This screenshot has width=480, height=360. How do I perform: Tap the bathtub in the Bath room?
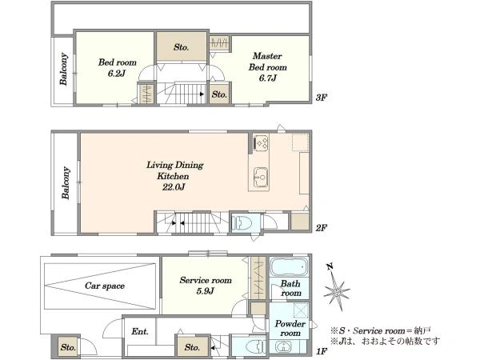(289, 267)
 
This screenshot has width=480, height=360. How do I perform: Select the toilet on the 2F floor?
(242, 223)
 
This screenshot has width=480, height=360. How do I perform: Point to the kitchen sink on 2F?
(261, 177)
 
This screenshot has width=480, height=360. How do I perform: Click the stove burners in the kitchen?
(262, 142)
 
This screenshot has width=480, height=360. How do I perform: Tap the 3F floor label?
(322, 98)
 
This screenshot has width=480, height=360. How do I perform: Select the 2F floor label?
(322, 228)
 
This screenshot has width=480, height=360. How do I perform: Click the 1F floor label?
(322, 351)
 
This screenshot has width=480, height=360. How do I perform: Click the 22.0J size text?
(174, 187)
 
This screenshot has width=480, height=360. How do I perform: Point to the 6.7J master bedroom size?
(267, 78)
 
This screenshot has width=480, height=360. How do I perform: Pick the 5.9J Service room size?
(205, 290)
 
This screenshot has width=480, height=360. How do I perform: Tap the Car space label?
(105, 286)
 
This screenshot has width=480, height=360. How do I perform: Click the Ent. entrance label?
(140, 331)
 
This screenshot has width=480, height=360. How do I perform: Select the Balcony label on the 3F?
(64, 69)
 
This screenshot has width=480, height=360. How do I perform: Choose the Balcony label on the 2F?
(66, 182)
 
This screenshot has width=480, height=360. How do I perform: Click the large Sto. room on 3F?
(182, 46)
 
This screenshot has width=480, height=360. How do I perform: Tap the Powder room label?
(290, 328)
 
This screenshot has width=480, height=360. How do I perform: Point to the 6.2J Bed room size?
(117, 74)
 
